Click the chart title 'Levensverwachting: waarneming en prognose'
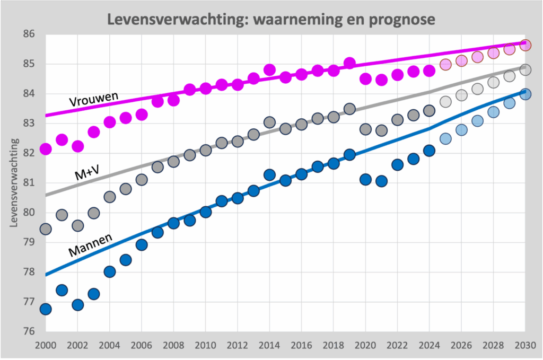(271, 19)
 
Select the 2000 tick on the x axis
(46, 345)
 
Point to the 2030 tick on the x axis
(525, 345)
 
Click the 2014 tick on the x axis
(269, 345)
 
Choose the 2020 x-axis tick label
(365, 345)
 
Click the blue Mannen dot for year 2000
(46, 309)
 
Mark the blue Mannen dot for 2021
(381, 181)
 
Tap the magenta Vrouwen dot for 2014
(269, 70)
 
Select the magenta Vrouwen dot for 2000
(46, 149)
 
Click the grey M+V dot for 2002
(77, 226)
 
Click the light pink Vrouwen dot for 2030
(525, 45)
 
